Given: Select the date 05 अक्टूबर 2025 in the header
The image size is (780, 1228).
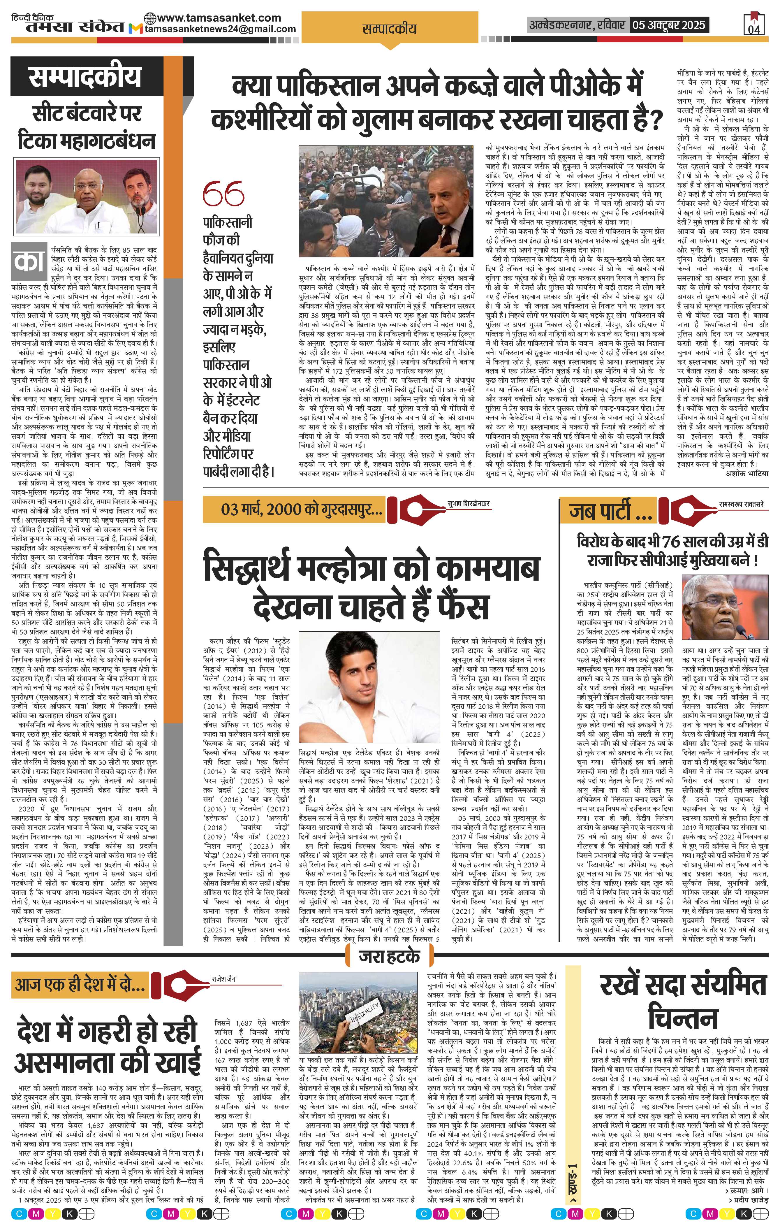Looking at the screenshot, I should click(x=668, y=24).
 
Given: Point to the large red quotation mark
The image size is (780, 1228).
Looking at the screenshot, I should click(x=223, y=194).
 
